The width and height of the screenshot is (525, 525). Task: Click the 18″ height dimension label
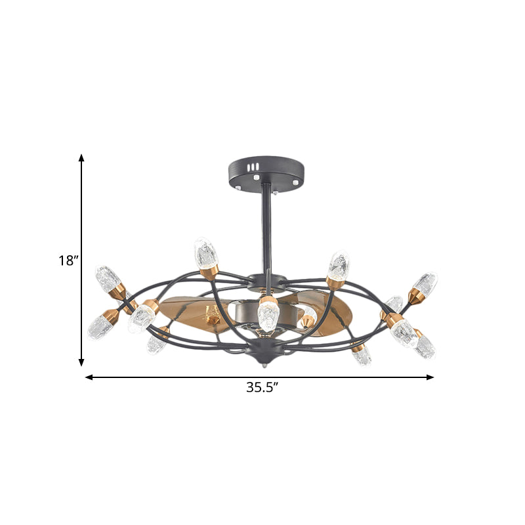tap(68, 261)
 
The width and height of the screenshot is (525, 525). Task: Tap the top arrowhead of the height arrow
tap(82, 158)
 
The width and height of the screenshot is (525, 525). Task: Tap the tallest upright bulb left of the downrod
tap(205, 253)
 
